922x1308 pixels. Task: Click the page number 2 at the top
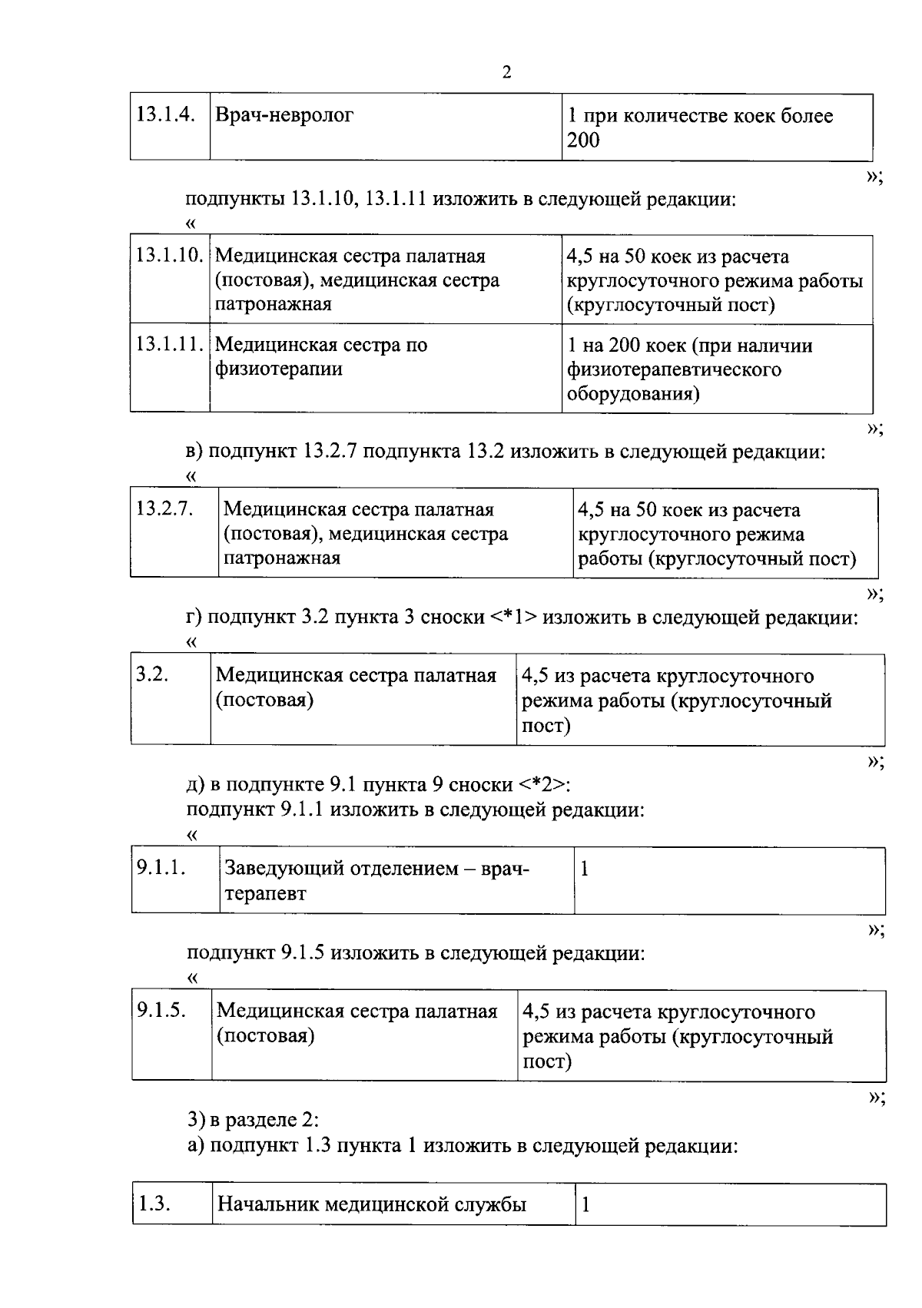coord(506,73)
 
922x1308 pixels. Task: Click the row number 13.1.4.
coord(164,115)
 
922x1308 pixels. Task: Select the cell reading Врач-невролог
coord(285,116)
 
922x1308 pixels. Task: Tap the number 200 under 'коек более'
coord(584,140)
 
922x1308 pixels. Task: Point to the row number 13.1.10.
coord(170,255)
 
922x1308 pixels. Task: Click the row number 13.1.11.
coord(170,344)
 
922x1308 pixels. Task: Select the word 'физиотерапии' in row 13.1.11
coord(278,369)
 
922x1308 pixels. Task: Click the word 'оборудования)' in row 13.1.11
coord(633,394)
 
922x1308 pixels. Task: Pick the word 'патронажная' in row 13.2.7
coord(281,558)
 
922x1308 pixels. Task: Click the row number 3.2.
coord(152,675)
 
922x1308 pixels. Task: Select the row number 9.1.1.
coord(161,868)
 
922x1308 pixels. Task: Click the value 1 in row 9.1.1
coord(585,869)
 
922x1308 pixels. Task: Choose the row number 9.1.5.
coord(161,1010)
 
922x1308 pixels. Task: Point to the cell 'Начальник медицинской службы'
coord(372,1204)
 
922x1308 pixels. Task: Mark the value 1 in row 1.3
coord(585,1204)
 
